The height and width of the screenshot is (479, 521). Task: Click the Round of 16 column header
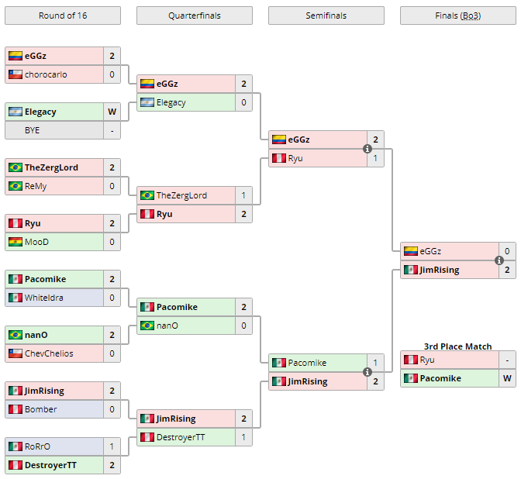(x=63, y=16)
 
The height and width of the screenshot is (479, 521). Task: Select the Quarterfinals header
(x=195, y=16)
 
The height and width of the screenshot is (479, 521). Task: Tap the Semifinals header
(x=326, y=16)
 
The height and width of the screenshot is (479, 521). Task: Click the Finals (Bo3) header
(x=458, y=16)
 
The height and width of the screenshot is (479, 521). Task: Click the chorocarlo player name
(x=46, y=74)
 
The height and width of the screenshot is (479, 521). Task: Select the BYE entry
(x=32, y=130)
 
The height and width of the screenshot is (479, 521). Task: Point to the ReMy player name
(x=36, y=186)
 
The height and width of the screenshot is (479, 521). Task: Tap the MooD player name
(x=37, y=242)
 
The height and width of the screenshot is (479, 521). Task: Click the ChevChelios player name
(x=49, y=353)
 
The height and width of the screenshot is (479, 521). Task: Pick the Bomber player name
(x=40, y=409)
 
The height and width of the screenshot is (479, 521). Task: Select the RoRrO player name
(x=38, y=446)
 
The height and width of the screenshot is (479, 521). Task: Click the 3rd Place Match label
(x=458, y=346)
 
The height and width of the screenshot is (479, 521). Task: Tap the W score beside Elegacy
(x=112, y=112)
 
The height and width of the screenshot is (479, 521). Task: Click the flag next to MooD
(x=15, y=242)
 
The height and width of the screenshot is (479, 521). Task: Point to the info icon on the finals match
(x=499, y=260)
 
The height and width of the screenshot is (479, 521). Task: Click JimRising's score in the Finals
(x=507, y=270)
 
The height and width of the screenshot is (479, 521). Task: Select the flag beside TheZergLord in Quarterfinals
(x=147, y=195)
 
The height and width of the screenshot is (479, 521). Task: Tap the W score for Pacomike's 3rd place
(x=507, y=378)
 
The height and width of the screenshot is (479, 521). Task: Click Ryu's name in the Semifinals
(x=295, y=158)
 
